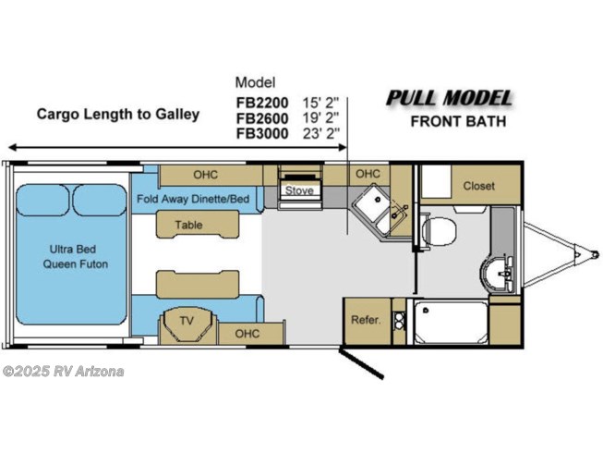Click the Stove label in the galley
click(x=299, y=190)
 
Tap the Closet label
click(x=478, y=186)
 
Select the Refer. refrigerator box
click(x=368, y=321)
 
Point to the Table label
click(x=188, y=225)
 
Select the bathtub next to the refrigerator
click(x=451, y=323)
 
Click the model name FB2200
click(x=262, y=103)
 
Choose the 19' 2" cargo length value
click(x=320, y=118)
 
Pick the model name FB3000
click(x=262, y=133)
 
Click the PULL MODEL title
click(x=449, y=98)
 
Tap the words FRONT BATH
click(x=458, y=122)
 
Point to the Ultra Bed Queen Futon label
click(x=75, y=257)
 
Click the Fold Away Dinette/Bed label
click(x=193, y=199)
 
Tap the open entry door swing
click(x=361, y=363)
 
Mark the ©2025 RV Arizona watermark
click(x=64, y=372)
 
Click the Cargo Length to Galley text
click(x=118, y=115)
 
